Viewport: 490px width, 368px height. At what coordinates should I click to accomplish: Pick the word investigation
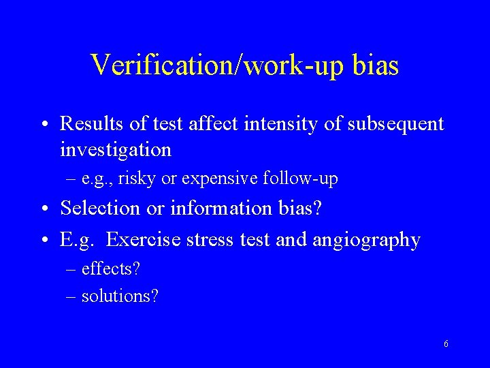click(x=116, y=149)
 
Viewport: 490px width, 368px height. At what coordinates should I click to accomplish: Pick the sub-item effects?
click(x=110, y=269)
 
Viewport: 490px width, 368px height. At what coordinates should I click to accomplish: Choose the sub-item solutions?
click(x=119, y=296)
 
